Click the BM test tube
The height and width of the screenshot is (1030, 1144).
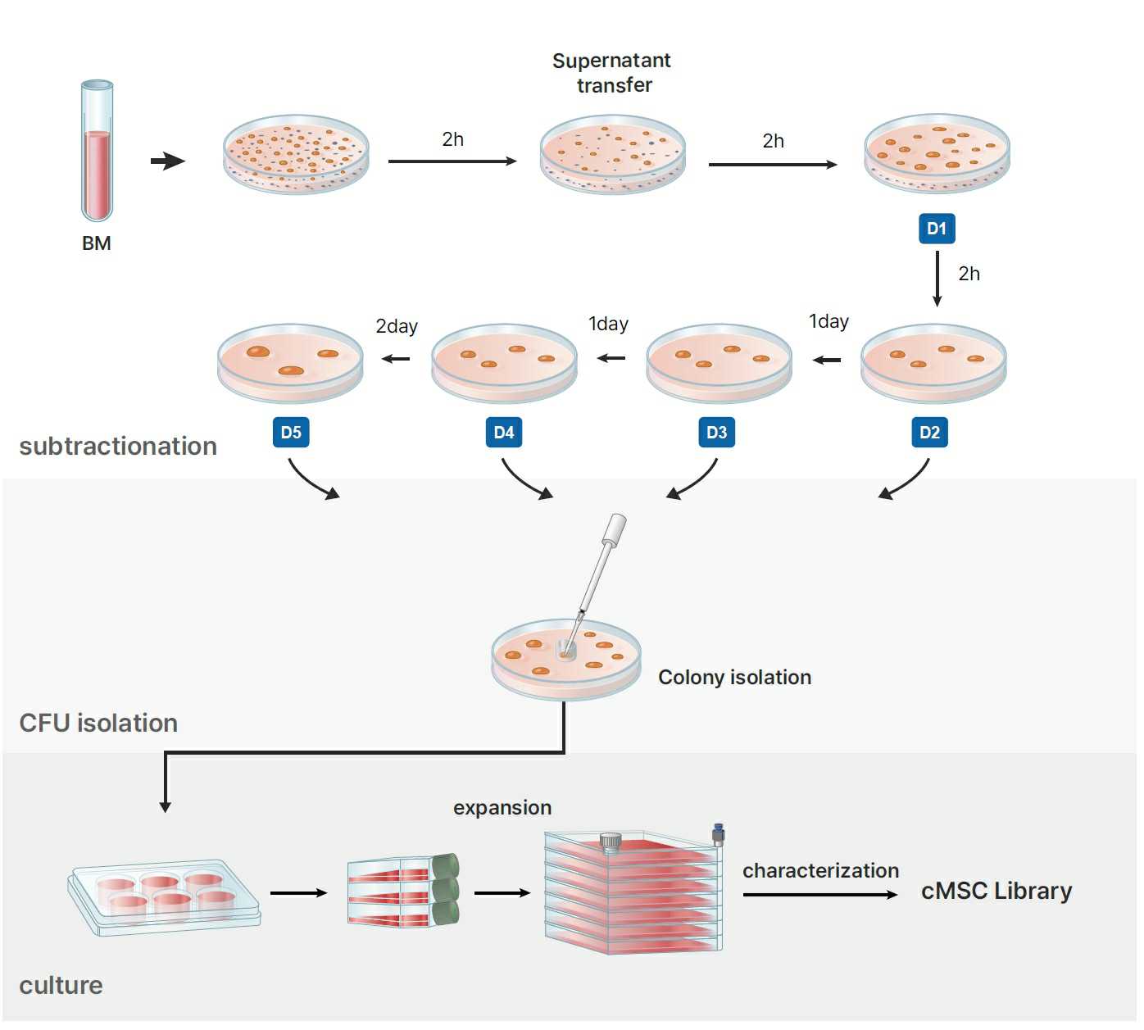[x=97, y=152]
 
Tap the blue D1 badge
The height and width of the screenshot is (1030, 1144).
[x=936, y=229]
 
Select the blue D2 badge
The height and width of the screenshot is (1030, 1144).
[x=929, y=433]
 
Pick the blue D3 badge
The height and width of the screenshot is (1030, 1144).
[x=716, y=433]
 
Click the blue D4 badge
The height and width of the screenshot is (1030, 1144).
[x=503, y=433]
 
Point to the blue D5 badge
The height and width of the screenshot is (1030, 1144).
[x=291, y=433]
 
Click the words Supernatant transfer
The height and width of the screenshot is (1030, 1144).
[x=612, y=73]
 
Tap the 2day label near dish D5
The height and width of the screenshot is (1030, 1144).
[x=397, y=326]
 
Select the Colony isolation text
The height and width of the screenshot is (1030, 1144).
[x=734, y=678]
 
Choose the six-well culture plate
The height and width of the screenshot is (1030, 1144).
[x=164, y=896]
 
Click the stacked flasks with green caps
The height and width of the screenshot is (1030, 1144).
[x=402, y=891]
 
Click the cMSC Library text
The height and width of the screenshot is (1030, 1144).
[x=996, y=891]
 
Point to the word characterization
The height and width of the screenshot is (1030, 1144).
[x=820, y=871]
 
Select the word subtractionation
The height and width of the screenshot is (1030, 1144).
[x=118, y=447]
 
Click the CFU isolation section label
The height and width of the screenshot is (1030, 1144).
[x=98, y=724]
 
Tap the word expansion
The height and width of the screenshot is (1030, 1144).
[x=502, y=808]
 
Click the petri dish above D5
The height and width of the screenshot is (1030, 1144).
[x=290, y=363]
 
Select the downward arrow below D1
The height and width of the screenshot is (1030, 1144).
[x=937, y=279]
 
